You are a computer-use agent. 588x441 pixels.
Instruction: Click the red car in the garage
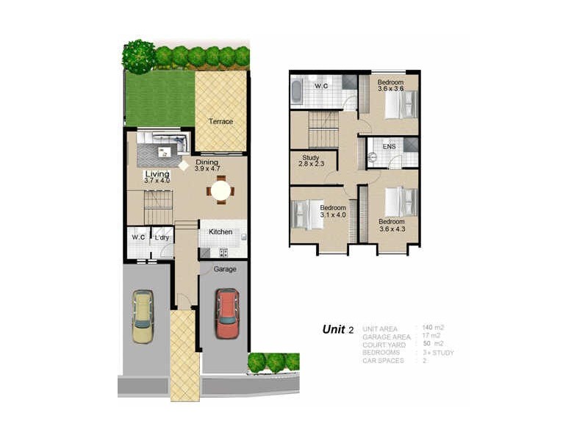227,313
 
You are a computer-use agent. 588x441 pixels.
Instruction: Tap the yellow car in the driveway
143,317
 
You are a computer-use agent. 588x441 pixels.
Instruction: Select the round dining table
220,190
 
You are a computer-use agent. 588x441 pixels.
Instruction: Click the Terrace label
220,121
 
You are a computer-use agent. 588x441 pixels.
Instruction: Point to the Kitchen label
220,232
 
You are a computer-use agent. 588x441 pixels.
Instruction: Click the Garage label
225,270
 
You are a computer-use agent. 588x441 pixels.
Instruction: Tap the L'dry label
162,237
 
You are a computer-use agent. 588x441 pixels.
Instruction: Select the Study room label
309,157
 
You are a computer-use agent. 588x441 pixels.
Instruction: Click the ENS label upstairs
389,147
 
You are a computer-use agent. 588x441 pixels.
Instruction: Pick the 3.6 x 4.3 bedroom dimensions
391,229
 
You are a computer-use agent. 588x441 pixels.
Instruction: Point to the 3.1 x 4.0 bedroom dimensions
332,215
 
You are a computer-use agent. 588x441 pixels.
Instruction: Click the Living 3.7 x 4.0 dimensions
157,180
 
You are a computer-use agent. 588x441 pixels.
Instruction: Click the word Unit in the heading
334,329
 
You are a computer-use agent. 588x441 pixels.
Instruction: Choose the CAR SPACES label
382,361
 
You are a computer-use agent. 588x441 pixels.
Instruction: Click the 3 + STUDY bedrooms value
439,353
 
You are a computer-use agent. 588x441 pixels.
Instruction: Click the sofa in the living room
160,137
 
